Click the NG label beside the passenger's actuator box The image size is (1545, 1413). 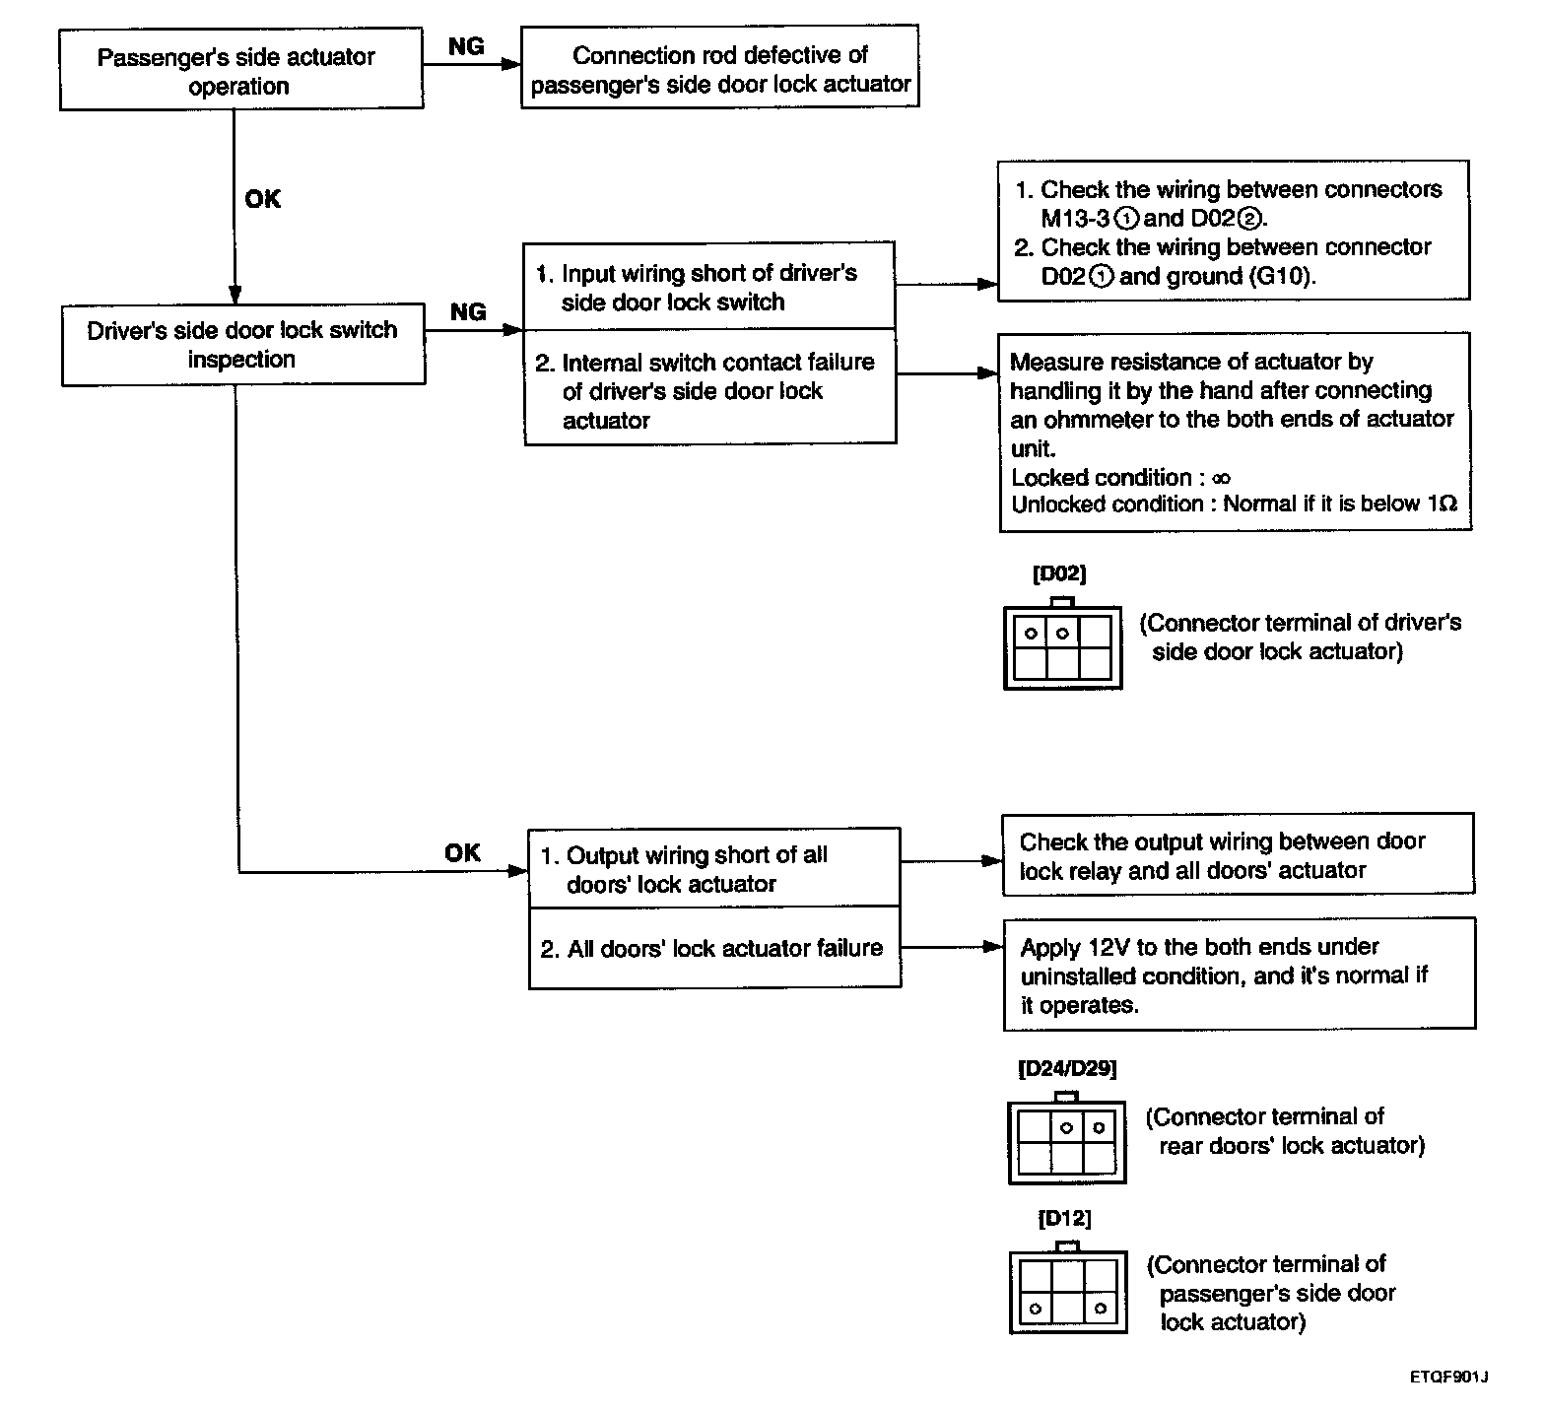click(x=466, y=46)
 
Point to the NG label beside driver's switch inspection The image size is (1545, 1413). click(x=468, y=312)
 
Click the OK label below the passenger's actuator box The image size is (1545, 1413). click(x=262, y=199)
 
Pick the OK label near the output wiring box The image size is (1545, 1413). click(x=462, y=853)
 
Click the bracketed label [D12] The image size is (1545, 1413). click(x=1064, y=1219)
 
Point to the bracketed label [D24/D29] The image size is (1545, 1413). click(x=1067, y=1068)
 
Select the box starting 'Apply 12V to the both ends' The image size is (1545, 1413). click(x=1240, y=975)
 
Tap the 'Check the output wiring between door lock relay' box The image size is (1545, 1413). click(x=1239, y=854)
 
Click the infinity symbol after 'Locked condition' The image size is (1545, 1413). click(x=1221, y=479)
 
